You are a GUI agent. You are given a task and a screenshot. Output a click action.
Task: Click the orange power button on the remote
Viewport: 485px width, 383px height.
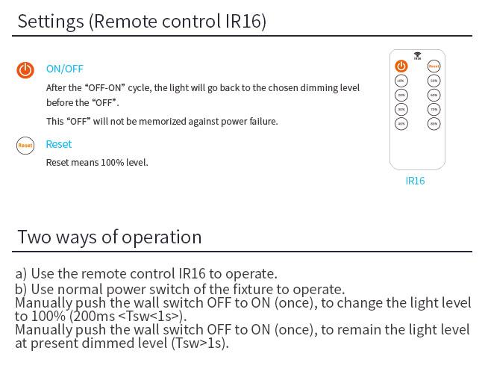point(401,66)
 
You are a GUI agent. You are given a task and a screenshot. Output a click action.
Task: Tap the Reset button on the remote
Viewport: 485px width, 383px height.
point(434,66)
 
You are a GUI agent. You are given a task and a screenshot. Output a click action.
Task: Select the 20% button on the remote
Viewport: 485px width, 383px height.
point(401,95)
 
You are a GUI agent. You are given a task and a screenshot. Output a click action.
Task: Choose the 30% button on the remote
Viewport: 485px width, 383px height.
point(401,109)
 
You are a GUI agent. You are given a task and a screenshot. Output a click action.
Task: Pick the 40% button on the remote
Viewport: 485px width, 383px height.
point(401,123)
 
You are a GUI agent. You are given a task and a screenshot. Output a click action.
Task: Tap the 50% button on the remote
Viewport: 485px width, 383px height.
point(434,81)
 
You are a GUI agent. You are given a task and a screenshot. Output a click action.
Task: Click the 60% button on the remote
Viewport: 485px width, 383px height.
point(434,95)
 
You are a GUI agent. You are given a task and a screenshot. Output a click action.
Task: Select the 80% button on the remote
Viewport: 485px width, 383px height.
point(434,123)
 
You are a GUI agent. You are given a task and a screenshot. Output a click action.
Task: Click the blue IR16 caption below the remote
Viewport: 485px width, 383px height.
point(415,181)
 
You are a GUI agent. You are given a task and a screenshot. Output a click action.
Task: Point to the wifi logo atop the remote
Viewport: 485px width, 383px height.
point(417,55)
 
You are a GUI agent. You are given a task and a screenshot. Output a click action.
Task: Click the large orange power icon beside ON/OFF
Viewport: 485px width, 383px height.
point(25,70)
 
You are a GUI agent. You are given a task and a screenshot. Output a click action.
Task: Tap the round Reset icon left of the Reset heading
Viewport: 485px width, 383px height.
point(25,146)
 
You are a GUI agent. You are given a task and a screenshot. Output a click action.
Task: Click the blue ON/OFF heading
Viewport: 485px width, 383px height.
point(65,69)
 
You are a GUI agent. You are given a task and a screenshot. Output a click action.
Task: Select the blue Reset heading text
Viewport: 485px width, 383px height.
point(59,144)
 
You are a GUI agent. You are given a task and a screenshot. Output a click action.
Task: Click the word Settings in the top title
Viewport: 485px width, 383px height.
point(50,21)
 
